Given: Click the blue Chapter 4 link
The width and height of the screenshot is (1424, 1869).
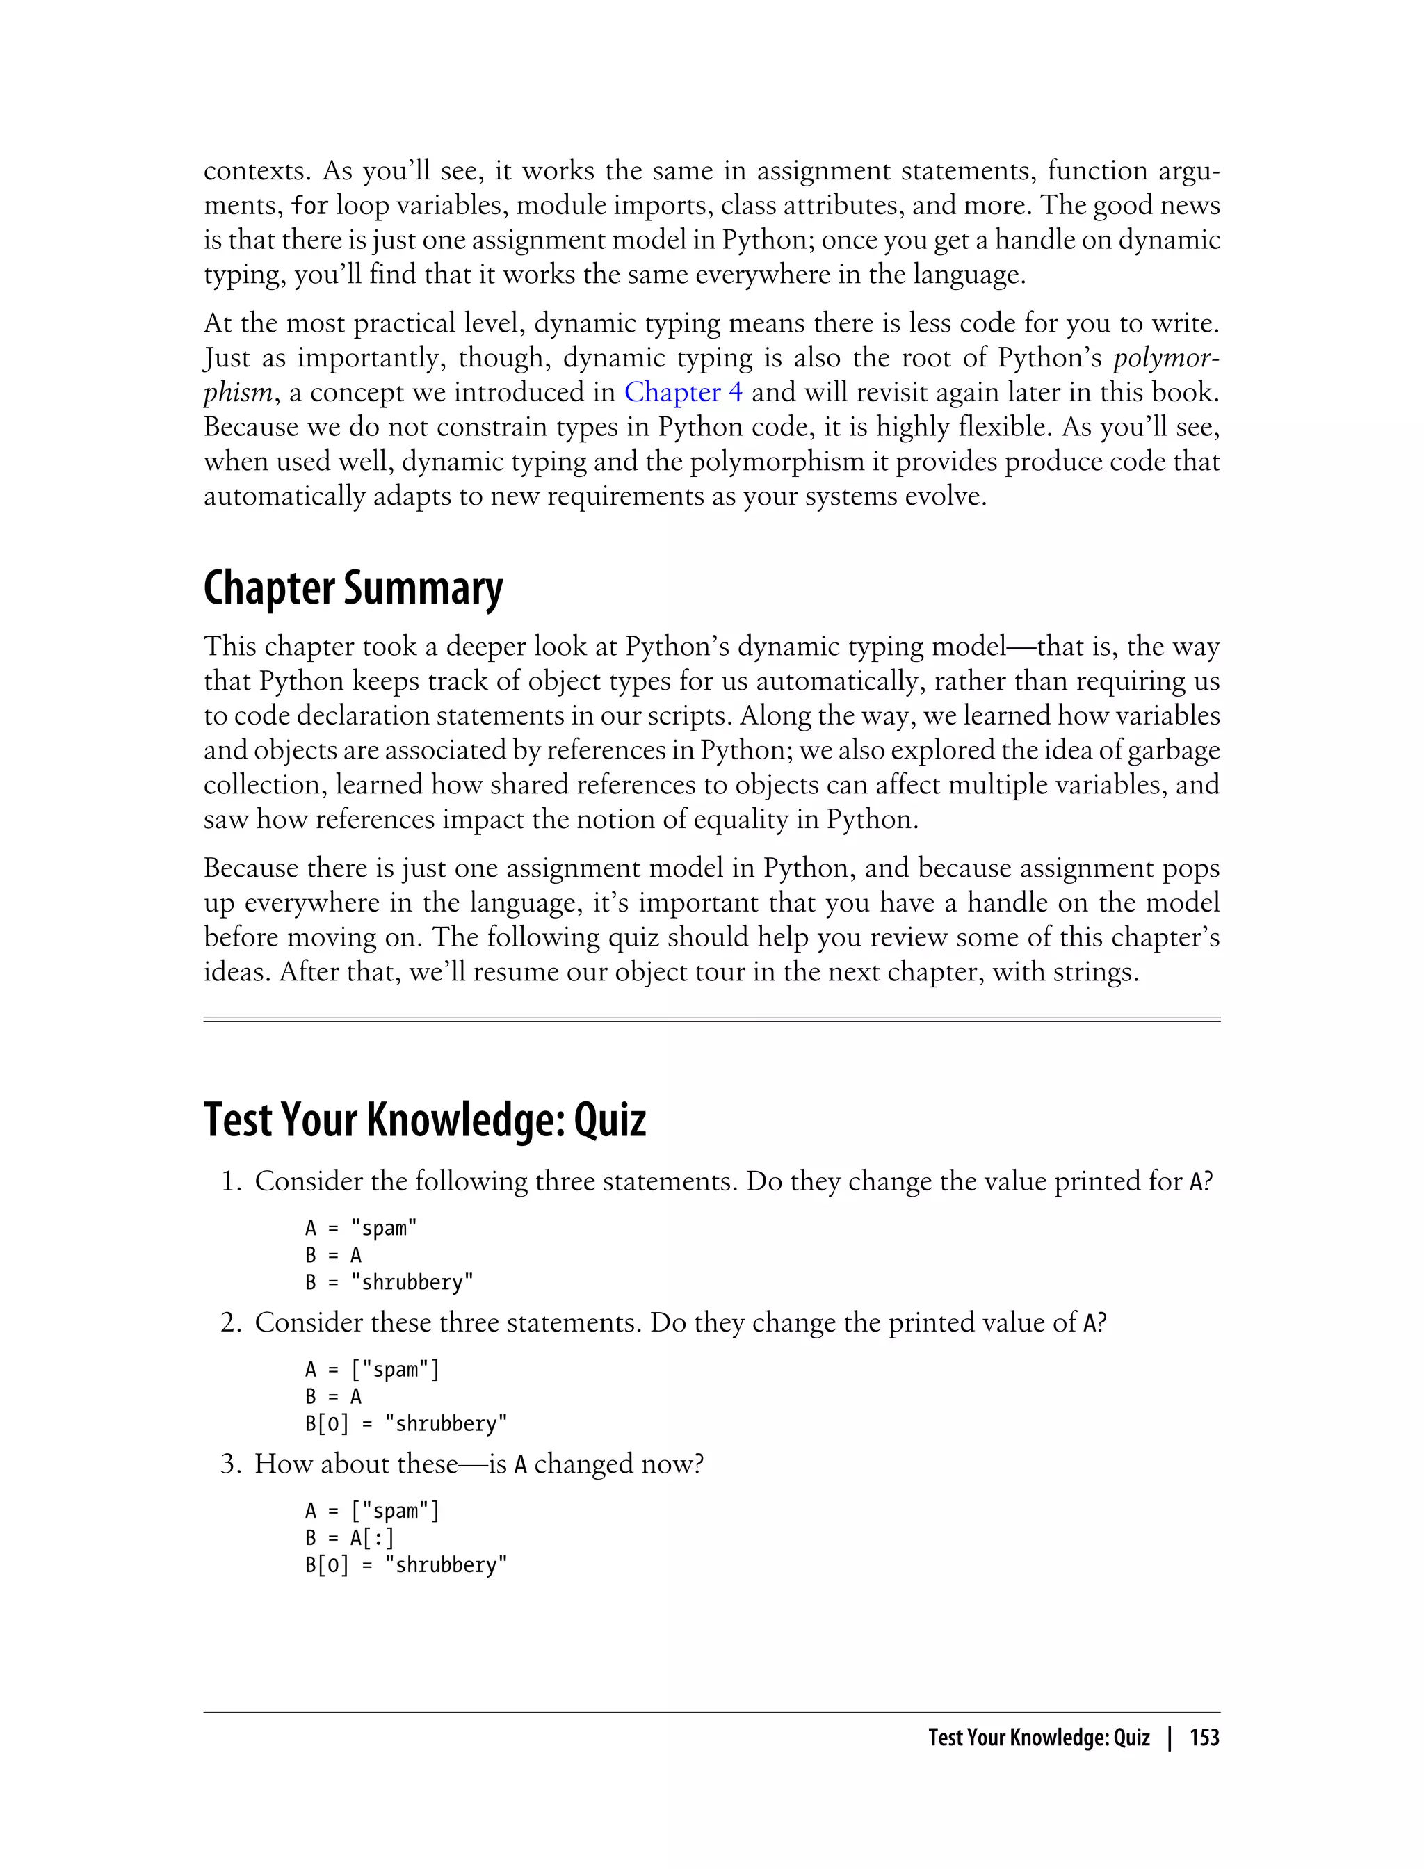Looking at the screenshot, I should (x=683, y=391).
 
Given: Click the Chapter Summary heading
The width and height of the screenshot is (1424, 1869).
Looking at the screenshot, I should (x=353, y=588).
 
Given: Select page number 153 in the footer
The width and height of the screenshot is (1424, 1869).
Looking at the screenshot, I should (x=1204, y=1738).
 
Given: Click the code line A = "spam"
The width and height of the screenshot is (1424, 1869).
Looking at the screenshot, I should (x=361, y=1228).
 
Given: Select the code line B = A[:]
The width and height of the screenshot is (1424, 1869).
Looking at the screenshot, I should (x=349, y=1537).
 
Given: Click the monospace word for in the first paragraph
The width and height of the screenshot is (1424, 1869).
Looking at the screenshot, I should (x=309, y=206).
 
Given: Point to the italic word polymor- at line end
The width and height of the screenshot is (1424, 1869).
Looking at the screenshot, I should (x=1166, y=357).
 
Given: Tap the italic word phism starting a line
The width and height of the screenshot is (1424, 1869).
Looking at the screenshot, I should (x=237, y=392).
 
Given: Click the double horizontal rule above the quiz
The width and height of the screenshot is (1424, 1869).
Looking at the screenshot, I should (x=712, y=1020).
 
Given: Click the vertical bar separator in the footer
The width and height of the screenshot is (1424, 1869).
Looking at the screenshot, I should (x=1170, y=1738).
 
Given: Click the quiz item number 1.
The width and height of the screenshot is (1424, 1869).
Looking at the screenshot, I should (x=229, y=1181).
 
